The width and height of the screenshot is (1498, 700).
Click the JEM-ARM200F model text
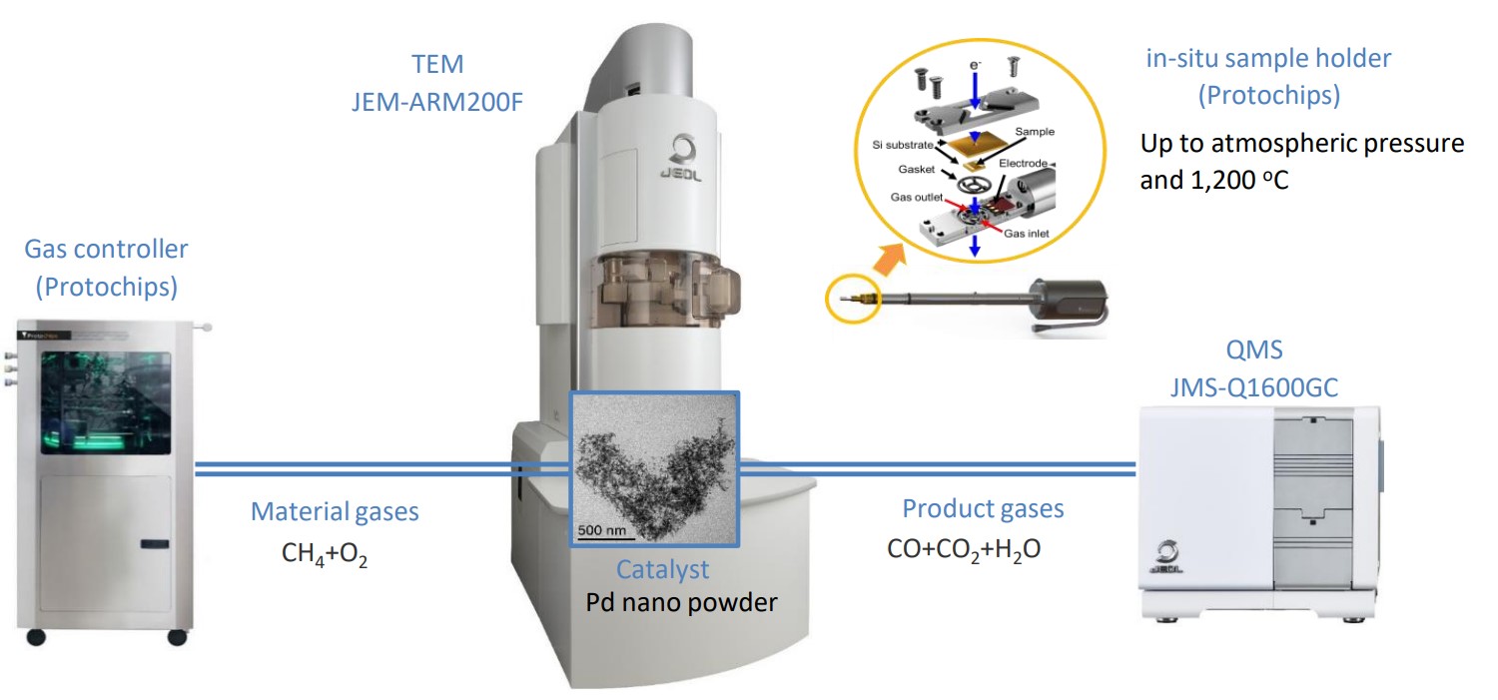pyautogui.click(x=437, y=101)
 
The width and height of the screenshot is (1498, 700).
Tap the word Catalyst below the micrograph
pyautogui.click(x=662, y=569)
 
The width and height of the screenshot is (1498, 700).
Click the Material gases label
pyautogui.click(x=335, y=512)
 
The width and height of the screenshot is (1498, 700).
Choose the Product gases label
pyautogui.click(x=983, y=508)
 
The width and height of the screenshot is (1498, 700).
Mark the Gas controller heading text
pyautogui.click(x=106, y=249)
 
